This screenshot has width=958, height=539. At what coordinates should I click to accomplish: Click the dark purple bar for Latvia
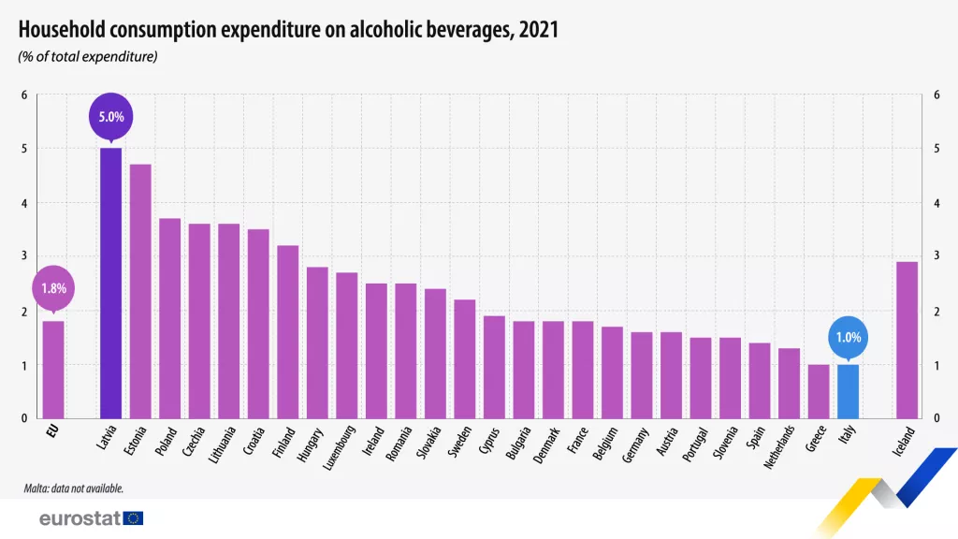pyautogui.click(x=110, y=283)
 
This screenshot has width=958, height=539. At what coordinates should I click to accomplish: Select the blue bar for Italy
pyautogui.click(x=847, y=391)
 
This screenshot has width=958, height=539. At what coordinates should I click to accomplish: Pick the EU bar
pyautogui.click(x=53, y=370)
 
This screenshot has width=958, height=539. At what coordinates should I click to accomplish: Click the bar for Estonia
pyautogui.click(x=140, y=291)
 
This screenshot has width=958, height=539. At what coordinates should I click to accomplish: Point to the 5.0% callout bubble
pyautogui.click(x=111, y=118)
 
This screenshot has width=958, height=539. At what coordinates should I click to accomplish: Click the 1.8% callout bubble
pyautogui.click(x=53, y=288)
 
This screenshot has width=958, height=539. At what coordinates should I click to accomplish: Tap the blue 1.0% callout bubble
pyautogui.click(x=847, y=337)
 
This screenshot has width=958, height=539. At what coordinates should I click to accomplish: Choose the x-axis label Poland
pyautogui.click(x=169, y=438)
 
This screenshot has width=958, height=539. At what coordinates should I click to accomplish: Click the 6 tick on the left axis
pyautogui.click(x=24, y=95)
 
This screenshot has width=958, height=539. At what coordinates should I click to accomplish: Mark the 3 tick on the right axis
pyautogui.click(x=936, y=256)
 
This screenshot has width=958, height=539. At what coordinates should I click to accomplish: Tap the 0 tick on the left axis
pyautogui.click(x=24, y=418)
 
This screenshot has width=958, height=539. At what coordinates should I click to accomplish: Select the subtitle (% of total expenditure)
pyautogui.click(x=87, y=56)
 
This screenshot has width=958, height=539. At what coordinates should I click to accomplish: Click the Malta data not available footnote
pyautogui.click(x=74, y=488)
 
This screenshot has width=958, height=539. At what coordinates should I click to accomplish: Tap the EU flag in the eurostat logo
pyautogui.click(x=133, y=518)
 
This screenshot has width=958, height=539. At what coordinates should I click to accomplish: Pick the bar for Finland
pyautogui.click(x=287, y=331)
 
